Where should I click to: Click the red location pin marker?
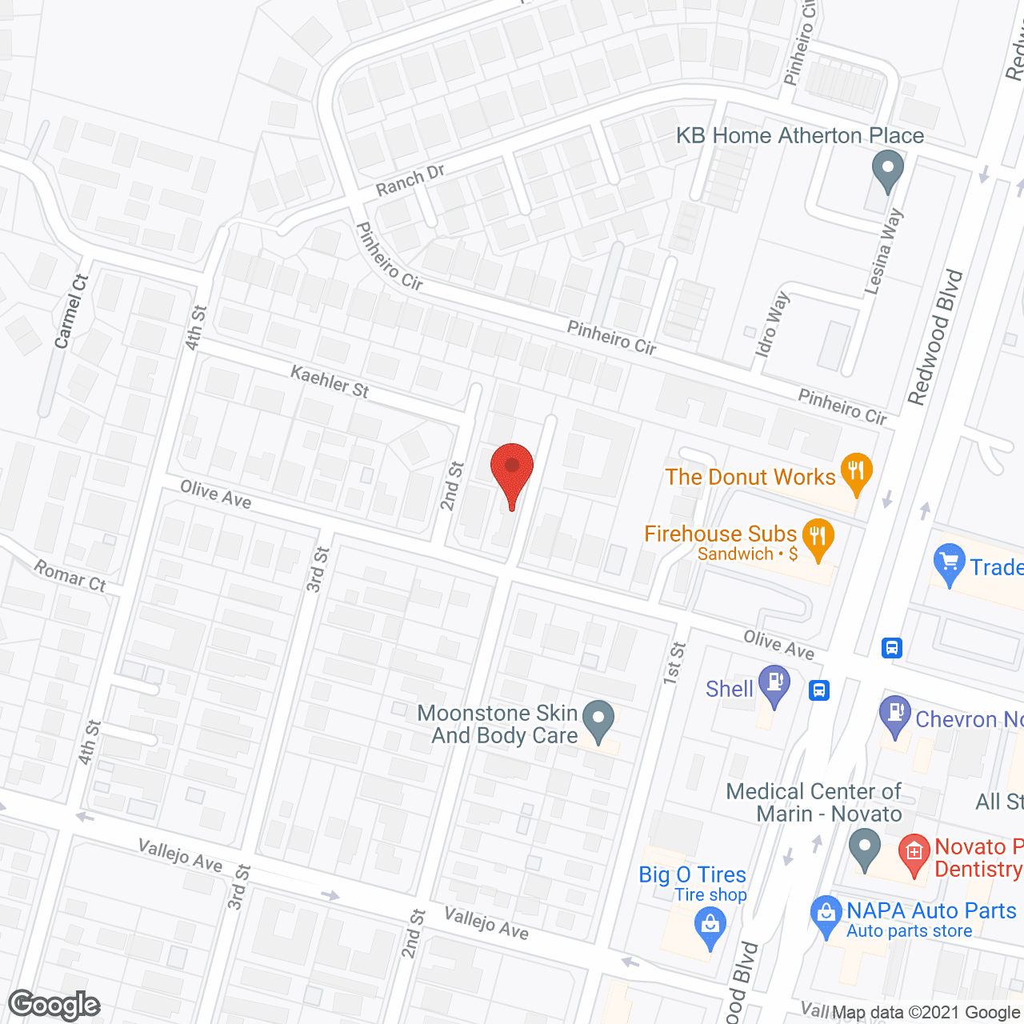pyautogui.click(x=511, y=469)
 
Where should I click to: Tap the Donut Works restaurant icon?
pyautogui.click(x=856, y=473)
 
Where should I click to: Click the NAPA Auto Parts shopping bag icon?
pyautogui.click(x=826, y=914)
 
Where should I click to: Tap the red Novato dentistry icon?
pyautogui.click(x=914, y=854)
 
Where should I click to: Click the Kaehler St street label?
pyautogui.click(x=330, y=382)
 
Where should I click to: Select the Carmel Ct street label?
pyautogui.click(x=71, y=312)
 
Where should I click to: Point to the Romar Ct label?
pyautogui.click(x=70, y=576)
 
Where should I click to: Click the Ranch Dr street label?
pyautogui.click(x=410, y=180)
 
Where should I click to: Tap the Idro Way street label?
pyautogui.click(x=772, y=324)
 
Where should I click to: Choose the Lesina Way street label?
pyautogui.click(x=884, y=251)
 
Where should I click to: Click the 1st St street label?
pyautogui.click(x=674, y=662)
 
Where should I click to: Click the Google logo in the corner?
pyautogui.click(x=54, y=1005)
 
